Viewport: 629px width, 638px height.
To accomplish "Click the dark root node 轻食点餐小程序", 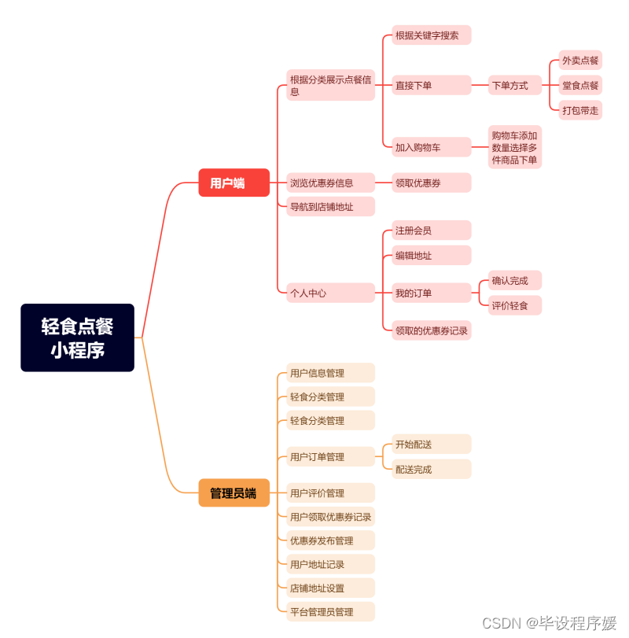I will coord(77,337).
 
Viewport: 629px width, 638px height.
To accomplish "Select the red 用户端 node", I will coord(234,183).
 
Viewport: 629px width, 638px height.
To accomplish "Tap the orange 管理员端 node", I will coord(234,493).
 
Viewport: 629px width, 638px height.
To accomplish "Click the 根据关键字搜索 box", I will coord(431,35).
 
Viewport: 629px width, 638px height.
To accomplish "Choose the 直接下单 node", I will coord(431,85).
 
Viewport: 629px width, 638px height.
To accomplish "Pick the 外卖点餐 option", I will coord(580,60).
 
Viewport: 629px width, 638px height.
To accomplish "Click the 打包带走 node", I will coord(580,110).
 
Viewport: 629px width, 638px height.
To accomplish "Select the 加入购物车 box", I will coord(431,147).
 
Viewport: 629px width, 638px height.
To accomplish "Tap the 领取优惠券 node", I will coord(431,183).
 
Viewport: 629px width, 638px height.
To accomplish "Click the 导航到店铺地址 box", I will coord(329,207).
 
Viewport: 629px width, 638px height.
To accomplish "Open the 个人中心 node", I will coord(329,293).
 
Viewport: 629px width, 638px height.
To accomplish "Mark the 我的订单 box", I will coord(431,293).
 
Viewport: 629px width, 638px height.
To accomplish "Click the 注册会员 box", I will coord(431,230).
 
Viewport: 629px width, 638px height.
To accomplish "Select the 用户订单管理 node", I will coord(329,456).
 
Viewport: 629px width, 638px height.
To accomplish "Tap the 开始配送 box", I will coord(431,444).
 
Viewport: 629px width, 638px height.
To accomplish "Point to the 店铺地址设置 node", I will coord(329,588).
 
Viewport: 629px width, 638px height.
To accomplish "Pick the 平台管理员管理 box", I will coord(329,611).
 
